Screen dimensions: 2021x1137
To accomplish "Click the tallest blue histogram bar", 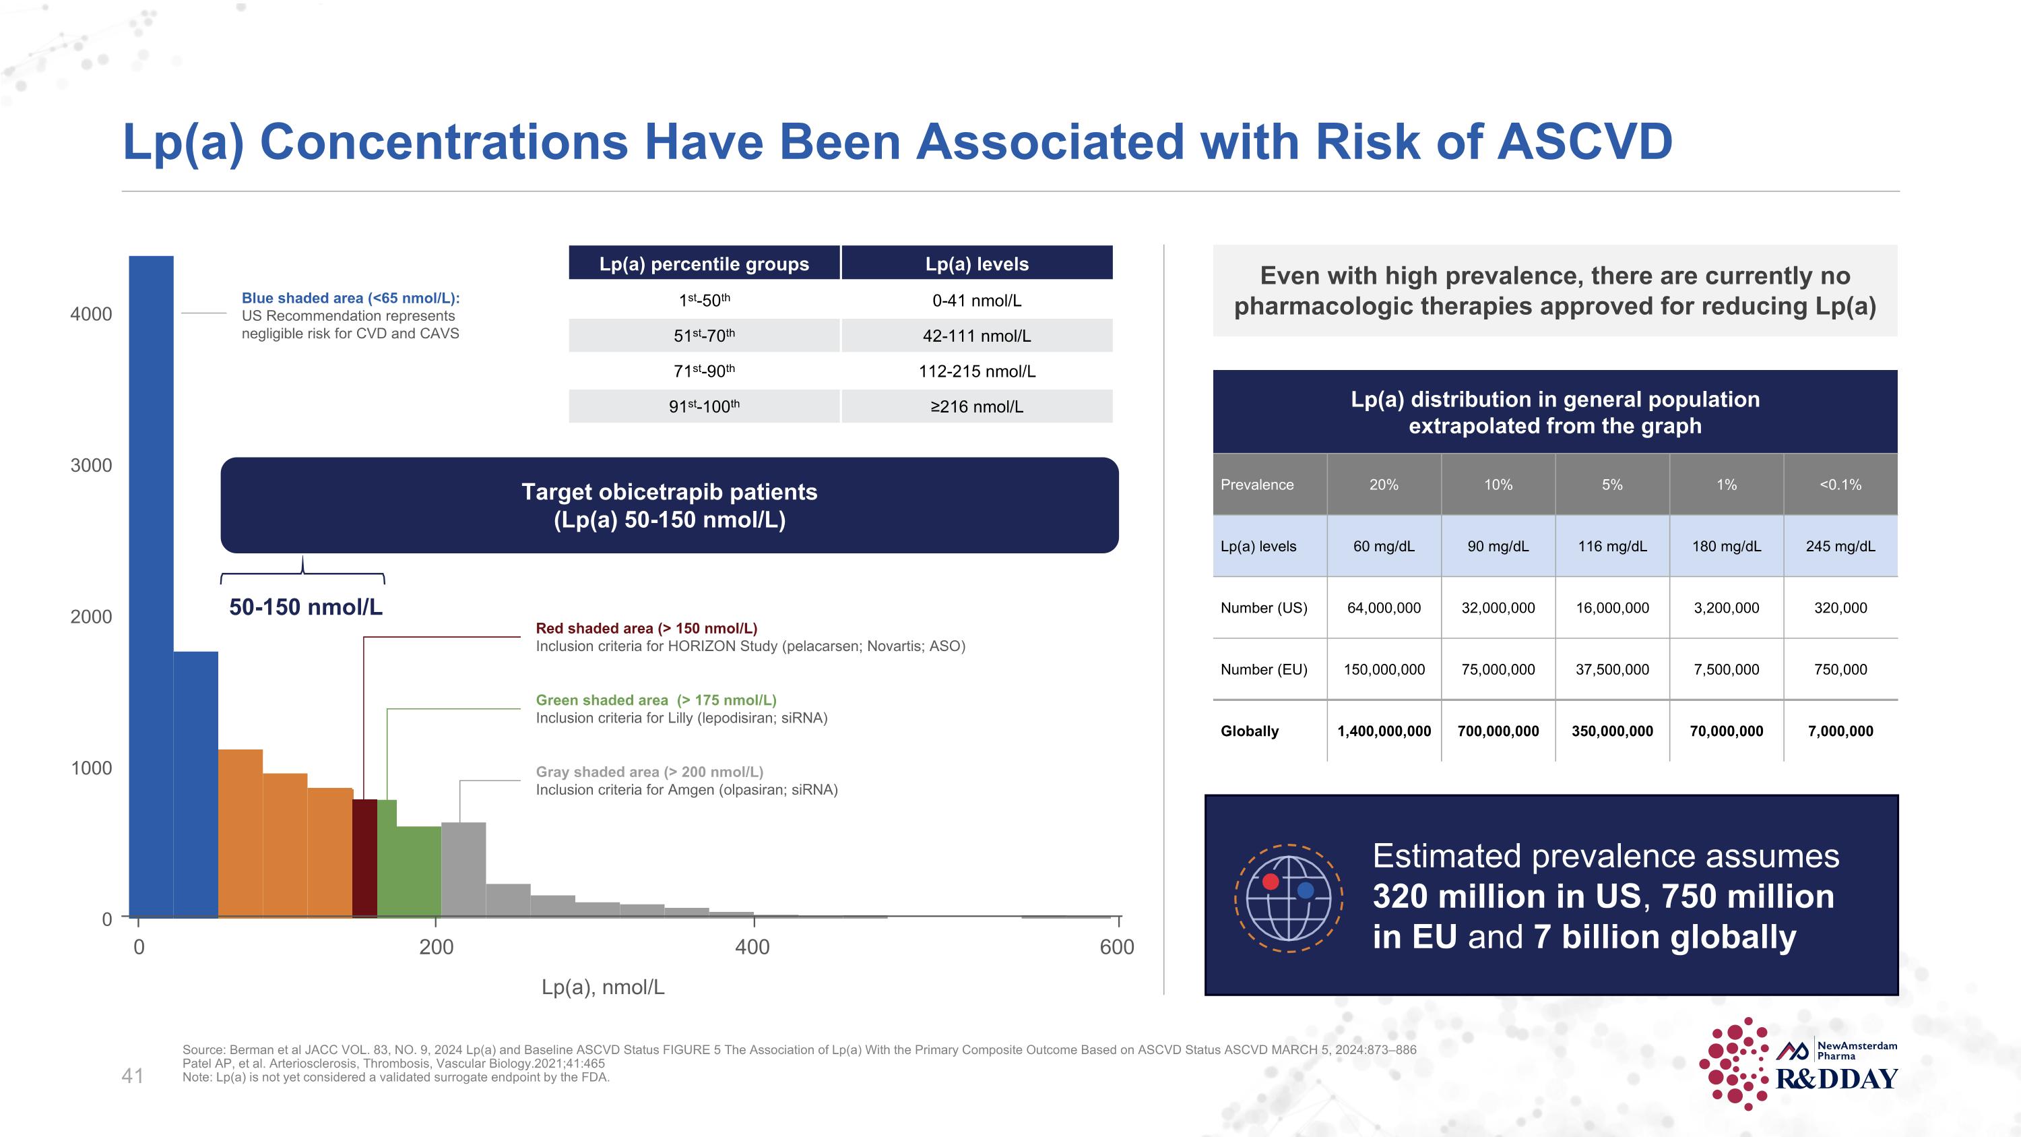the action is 151,588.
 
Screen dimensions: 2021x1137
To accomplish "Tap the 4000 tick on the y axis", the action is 91,314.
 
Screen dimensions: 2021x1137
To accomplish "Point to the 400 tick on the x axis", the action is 752,947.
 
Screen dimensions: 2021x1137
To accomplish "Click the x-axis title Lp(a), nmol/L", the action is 602,987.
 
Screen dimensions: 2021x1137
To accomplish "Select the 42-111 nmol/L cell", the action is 976,336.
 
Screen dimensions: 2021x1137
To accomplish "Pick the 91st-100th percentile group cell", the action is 704,406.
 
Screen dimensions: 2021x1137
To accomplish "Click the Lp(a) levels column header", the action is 976,264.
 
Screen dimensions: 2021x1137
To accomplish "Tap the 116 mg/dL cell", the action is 1611,546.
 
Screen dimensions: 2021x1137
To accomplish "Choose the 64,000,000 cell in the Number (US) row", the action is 1383,608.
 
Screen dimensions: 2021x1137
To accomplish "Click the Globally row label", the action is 1249,731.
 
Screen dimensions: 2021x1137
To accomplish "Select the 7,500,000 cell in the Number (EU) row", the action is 1725,669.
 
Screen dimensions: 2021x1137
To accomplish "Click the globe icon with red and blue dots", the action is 1288,898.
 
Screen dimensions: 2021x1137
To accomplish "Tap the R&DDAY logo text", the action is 1836,1079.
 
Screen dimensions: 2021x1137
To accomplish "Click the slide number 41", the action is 133,1076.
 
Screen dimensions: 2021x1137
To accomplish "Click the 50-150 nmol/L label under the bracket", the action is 305,607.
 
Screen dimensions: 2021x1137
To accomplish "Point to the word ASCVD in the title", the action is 1584,142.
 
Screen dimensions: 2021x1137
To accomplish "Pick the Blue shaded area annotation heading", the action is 350,298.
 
